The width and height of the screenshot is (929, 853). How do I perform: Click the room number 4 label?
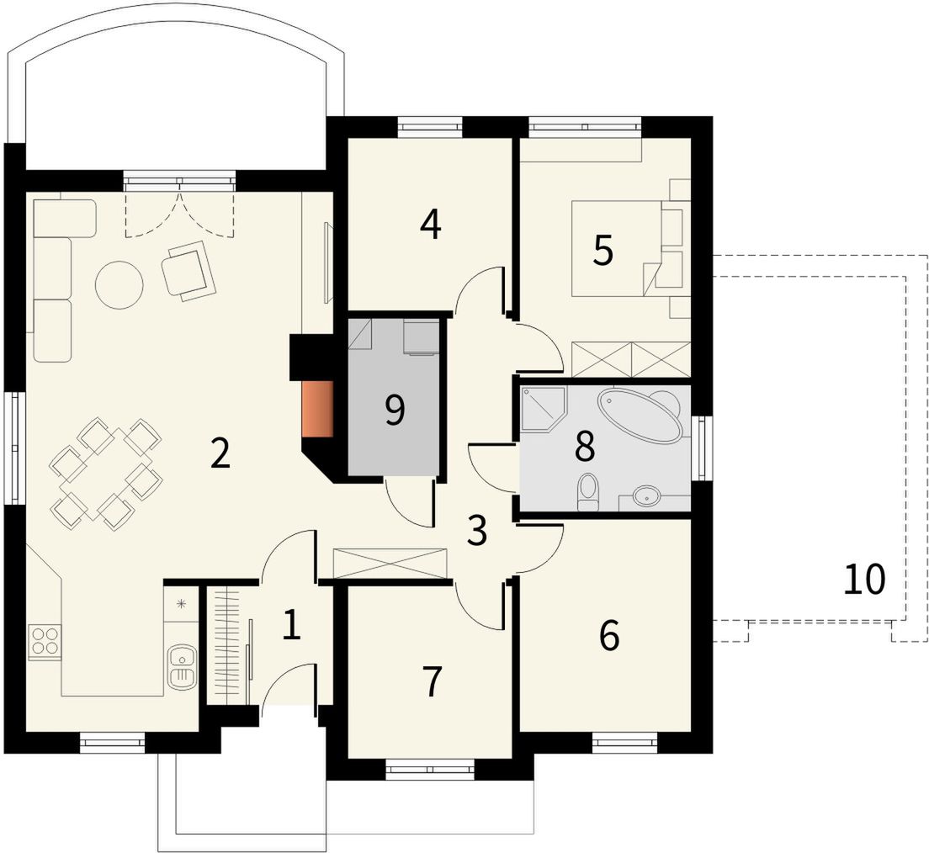431,225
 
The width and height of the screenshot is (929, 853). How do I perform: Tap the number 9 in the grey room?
395,411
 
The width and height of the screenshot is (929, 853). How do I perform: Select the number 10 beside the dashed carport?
865,580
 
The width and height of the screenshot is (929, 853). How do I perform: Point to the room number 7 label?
432,681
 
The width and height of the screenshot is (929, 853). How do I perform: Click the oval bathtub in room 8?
639,416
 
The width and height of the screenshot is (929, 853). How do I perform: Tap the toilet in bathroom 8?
588,491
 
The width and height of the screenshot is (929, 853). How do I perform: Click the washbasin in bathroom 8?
646,495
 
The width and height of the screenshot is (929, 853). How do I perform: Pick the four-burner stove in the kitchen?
44,642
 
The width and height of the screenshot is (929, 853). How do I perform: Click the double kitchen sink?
181,667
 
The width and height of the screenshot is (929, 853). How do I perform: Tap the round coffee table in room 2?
119,284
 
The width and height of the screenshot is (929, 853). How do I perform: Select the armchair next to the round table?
189,270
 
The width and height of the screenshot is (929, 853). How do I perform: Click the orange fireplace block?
317,410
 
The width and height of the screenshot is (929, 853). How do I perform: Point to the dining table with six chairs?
107,473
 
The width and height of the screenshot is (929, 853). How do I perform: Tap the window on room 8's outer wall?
702,448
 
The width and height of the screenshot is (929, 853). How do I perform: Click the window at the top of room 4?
429,125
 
